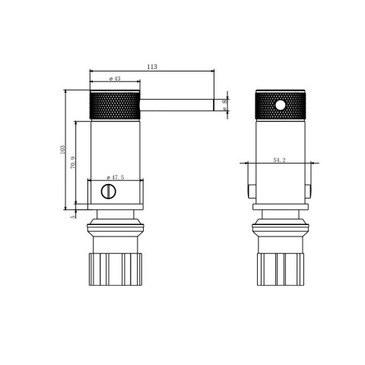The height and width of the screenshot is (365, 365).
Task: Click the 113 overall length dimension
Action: coord(151,67)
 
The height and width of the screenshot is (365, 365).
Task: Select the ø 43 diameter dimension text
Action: coord(115,78)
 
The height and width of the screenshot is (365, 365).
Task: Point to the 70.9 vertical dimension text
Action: coord(72,163)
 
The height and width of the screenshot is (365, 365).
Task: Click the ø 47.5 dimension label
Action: coord(115,178)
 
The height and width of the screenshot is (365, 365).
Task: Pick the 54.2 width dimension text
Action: coord(279,160)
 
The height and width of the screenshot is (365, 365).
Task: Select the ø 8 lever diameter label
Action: coord(225,105)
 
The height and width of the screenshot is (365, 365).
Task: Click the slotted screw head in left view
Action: coord(109,191)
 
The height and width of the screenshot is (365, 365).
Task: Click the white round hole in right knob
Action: coord(280,105)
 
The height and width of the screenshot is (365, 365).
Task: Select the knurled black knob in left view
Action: coord(115,106)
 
